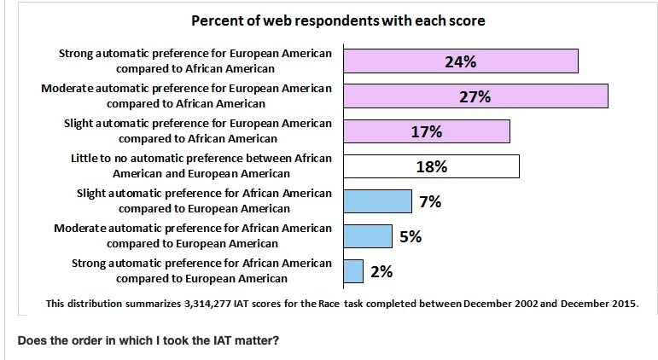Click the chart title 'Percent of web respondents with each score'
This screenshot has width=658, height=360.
tap(338, 20)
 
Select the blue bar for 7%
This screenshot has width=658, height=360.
tap(377, 201)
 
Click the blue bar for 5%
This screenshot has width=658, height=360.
tap(367, 236)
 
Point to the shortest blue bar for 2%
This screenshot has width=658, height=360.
tap(352, 271)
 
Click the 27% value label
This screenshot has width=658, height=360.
tap(475, 96)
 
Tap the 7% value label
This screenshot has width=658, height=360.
tap(430, 202)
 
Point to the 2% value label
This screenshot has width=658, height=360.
tap(381, 271)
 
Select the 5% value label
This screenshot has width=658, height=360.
tap(411, 236)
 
